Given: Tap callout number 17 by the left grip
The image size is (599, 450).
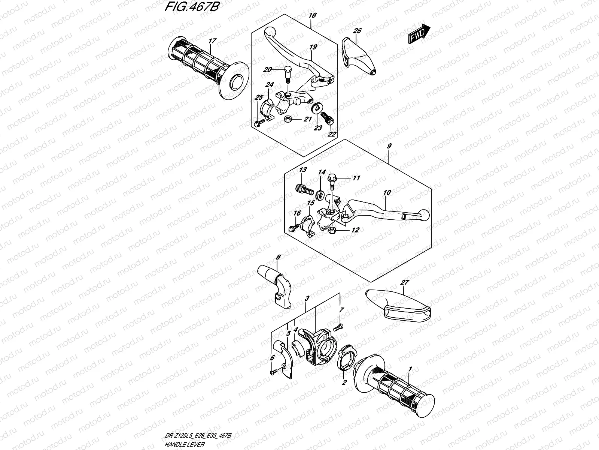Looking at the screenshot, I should [212, 41].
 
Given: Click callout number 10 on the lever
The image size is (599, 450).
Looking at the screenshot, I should [387, 192].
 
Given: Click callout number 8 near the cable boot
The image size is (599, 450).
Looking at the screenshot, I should [278, 258].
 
